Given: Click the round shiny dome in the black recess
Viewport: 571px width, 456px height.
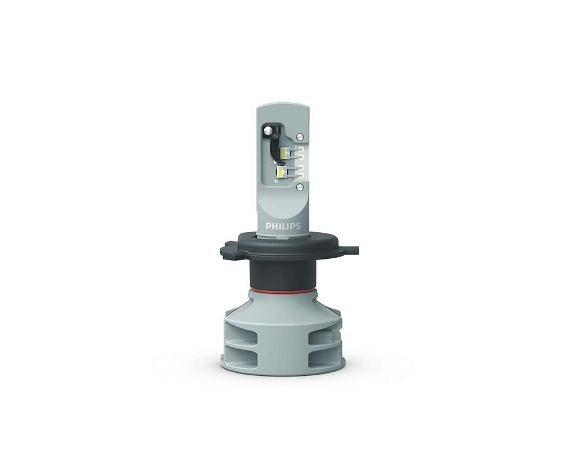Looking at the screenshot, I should pos(269,129).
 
